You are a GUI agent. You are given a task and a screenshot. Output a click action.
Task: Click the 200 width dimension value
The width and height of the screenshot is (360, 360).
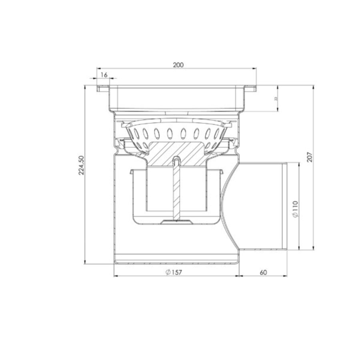pos(178,65)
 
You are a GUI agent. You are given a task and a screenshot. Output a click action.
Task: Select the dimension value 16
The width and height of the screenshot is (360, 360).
pos(104,75)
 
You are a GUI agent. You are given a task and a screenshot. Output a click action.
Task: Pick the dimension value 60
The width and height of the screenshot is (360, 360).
pos(263,272)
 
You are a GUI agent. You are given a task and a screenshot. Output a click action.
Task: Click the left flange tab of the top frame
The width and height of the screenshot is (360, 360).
pos(100,89)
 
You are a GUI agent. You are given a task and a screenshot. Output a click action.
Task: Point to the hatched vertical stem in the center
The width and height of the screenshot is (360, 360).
pos(176,188)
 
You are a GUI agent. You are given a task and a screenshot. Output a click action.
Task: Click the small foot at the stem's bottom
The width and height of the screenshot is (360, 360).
pos(176,220)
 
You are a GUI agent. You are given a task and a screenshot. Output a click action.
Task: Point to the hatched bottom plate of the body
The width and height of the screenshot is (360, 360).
pos(176,263)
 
